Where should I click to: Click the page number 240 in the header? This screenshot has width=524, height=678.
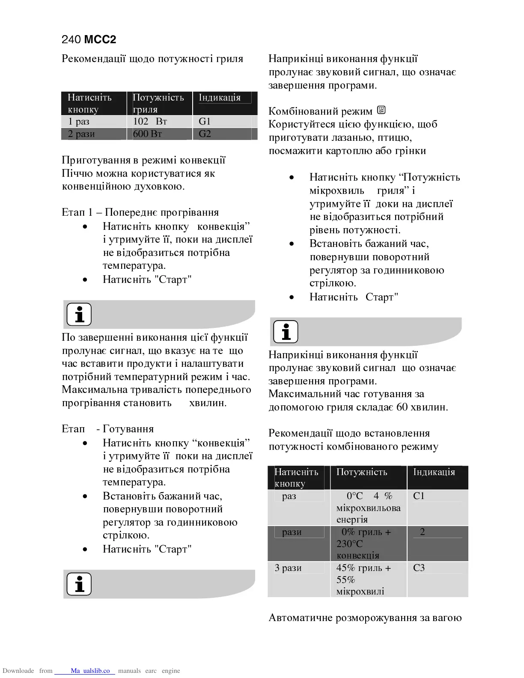click(71, 40)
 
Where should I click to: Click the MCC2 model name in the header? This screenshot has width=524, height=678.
click(100, 40)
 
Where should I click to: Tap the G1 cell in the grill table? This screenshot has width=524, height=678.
click(205, 121)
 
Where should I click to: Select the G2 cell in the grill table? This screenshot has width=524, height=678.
click(205, 134)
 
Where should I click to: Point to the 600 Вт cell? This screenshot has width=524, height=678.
click(148, 134)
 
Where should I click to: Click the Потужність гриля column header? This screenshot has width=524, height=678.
click(158, 103)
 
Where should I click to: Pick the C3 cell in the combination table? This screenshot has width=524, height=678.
click(419, 568)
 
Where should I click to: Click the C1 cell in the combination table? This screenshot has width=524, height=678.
click(419, 496)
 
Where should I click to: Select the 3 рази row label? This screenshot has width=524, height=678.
click(288, 568)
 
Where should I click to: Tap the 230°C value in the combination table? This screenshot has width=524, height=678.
click(350, 544)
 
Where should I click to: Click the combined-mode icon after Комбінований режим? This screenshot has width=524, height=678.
click(381, 110)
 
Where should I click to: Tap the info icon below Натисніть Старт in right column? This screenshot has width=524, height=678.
click(286, 332)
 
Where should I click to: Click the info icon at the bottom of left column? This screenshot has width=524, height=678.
click(79, 584)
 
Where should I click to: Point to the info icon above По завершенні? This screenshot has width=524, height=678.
click(79, 314)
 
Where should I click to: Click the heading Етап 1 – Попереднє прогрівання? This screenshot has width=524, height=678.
click(140, 212)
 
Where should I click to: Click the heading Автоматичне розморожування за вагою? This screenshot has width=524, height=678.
click(365, 618)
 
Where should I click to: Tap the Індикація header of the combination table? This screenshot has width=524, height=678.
click(434, 472)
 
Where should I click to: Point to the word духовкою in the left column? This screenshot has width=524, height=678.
click(158, 187)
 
